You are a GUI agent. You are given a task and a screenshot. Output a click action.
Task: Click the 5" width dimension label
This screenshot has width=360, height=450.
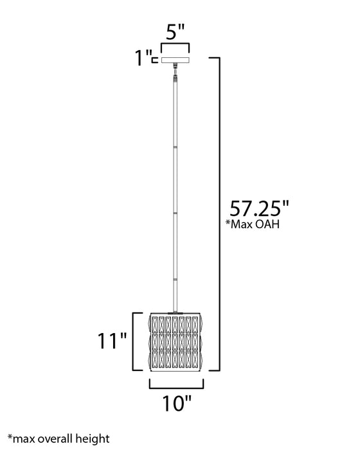click(174, 30)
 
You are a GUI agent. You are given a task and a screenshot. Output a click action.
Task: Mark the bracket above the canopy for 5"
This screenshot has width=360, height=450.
click(174, 46)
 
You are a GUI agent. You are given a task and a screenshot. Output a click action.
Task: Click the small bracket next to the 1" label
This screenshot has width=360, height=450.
click(156, 60)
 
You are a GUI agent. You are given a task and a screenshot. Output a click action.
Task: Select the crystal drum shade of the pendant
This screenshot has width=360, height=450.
click(175, 341)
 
